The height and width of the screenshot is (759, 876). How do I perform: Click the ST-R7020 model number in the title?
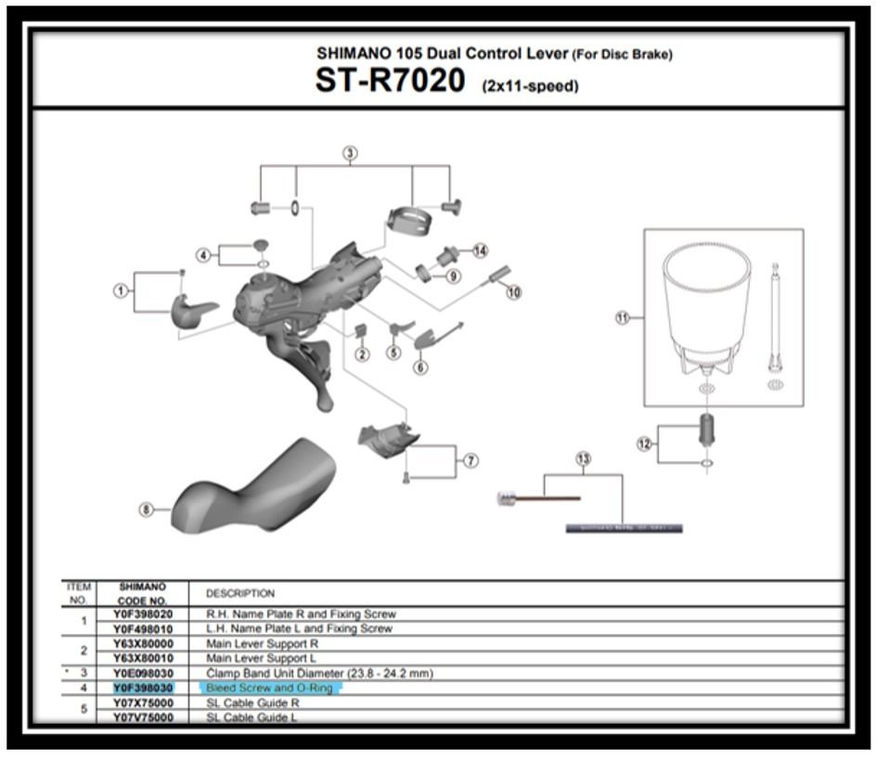pos(390,81)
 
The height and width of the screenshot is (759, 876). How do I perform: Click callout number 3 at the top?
pos(350,153)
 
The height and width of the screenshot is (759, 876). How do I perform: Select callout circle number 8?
pos(146,508)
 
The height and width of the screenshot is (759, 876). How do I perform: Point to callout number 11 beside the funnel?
pos(623,317)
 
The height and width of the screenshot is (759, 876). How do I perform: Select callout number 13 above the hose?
pos(583,458)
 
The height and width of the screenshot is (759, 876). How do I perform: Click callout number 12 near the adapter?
pos(644,444)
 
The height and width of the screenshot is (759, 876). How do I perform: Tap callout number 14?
pos(480,251)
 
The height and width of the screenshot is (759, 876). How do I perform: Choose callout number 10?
pos(513,291)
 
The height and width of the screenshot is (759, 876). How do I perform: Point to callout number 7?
pos(470,460)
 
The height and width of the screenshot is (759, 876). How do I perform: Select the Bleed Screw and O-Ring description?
pos(269,688)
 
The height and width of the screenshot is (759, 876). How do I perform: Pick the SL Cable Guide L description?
pos(251,717)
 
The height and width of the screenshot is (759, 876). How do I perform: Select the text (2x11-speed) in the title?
pos(530,86)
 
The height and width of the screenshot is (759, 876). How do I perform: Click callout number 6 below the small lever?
pos(421,367)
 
